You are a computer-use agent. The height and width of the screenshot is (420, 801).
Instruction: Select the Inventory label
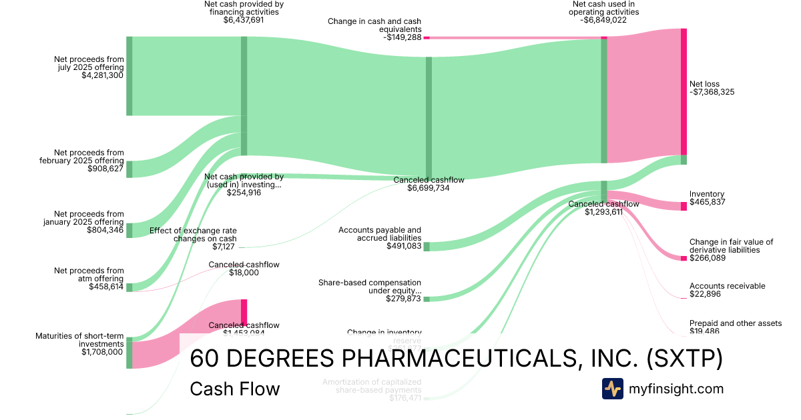click(x=707, y=194)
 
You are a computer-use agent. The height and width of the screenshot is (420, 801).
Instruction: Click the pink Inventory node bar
click(x=684, y=206)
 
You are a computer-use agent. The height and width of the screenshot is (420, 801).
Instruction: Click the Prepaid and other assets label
click(x=735, y=323)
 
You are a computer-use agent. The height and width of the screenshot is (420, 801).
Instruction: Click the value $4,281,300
click(x=102, y=76)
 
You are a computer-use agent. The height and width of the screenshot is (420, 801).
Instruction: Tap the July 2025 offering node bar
click(x=129, y=76)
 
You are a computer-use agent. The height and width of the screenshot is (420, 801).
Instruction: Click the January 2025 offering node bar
click(x=129, y=231)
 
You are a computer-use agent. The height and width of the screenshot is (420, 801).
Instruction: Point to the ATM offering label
click(x=89, y=275)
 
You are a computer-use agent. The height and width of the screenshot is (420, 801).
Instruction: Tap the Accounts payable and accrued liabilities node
click(x=427, y=247)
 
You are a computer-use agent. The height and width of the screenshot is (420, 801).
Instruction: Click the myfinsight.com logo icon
click(x=612, y=389)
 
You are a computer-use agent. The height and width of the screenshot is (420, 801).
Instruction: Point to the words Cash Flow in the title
click(x=235, y=389)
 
